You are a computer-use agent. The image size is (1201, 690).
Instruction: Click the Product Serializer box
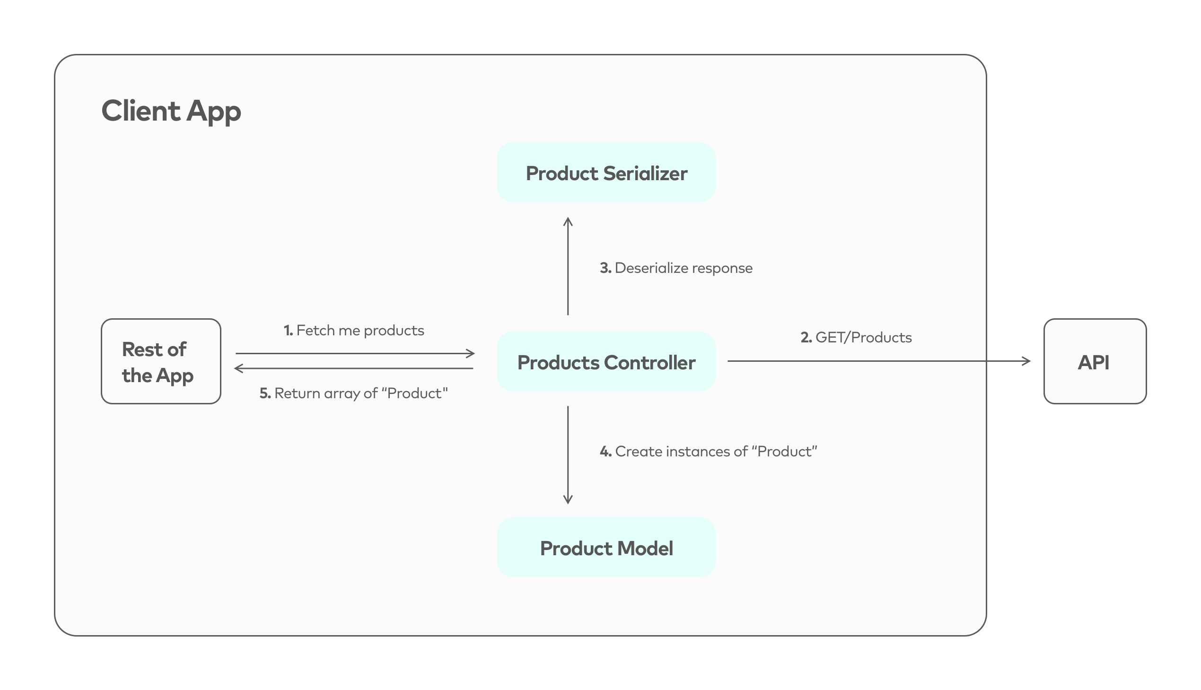coord(606,172)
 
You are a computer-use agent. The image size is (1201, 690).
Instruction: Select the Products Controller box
coord(606,361)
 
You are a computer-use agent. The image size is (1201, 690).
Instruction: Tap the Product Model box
coord(606,547)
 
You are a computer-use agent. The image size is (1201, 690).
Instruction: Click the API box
coord(1095,361)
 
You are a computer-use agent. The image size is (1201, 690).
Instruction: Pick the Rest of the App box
coord(161,361)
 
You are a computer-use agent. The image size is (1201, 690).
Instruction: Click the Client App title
coord(171,111)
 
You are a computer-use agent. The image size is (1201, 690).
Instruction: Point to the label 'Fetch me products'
coord(359,330)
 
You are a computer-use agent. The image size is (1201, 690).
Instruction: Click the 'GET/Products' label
coord(863,337)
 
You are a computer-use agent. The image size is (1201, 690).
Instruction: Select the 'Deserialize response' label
coord(683,268)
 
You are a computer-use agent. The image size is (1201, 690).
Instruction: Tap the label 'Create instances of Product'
coord(716,451)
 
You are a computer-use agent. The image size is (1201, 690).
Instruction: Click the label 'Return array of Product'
coord(361,393)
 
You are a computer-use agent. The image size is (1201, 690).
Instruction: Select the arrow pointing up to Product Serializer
coord(568,265)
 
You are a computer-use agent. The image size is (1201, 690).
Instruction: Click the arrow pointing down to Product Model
coord(568,455)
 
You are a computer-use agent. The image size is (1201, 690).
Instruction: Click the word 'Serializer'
coord(646,174)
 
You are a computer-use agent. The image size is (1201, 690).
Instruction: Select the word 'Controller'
coord(649,363)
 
